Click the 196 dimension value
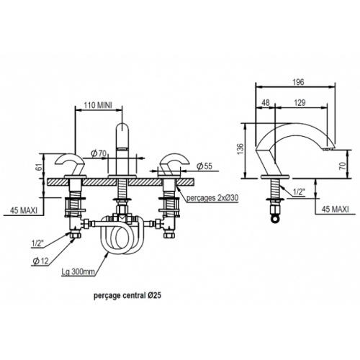pos(298,82)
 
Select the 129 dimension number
pos(300,103)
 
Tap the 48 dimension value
pos(265,103)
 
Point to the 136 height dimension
pos(240,149)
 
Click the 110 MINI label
pos(98,105)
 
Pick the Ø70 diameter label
pos(99,153)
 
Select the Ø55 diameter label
pos(204,166)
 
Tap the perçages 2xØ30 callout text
pos(212,198)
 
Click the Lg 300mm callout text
pos(78,272)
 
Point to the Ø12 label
pos(41,261)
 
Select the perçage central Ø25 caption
pos(127,295)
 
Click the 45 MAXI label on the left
pos(24,210)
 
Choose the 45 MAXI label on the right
pos(335,210)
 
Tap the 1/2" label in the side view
pos(299,192)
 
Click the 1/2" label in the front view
pos(37,244)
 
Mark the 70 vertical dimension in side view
pos(343,166)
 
